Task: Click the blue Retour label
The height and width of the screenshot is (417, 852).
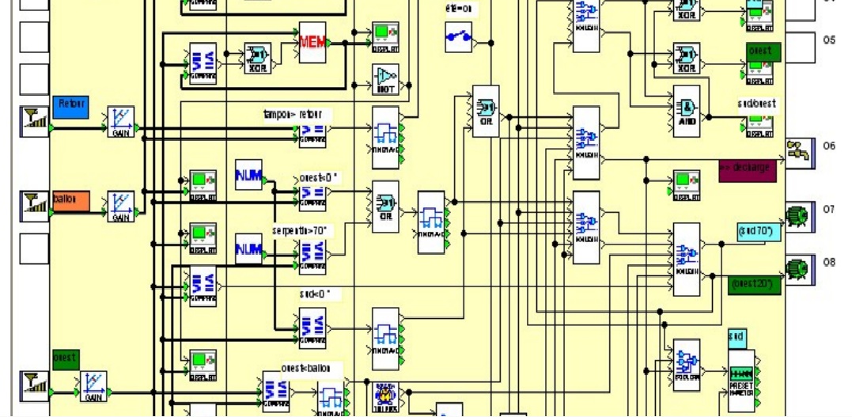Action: tap(70, 104)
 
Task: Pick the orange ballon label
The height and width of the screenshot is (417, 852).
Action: tap(70, 199)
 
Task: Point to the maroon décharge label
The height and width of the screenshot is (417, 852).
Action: tap(744, 169)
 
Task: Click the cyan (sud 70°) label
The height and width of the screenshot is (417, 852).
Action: tap(760, 231)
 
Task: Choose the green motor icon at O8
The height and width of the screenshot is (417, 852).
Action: tap(798, 270)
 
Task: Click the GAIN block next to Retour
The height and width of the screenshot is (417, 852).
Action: tap(121, 121)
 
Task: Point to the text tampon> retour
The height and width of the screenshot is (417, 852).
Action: tap(293, 115)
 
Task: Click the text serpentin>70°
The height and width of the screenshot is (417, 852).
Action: tap(300, 230)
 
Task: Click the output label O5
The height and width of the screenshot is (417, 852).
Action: tap(828, 40)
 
